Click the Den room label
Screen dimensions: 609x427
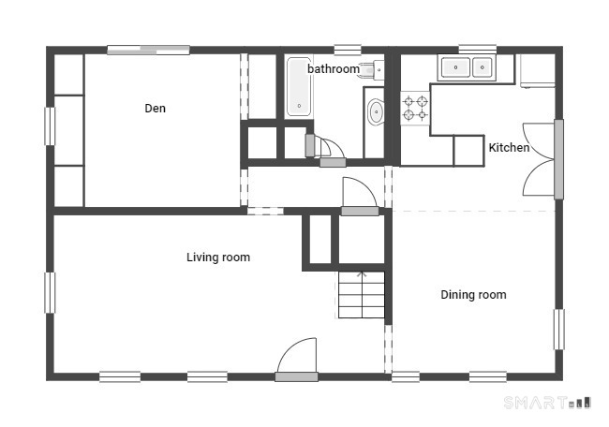point(155,109)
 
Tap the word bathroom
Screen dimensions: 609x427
point(334,69)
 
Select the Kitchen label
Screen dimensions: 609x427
point(509,148)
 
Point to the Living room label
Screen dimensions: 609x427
point(218,257)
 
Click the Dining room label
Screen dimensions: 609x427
point(473,295)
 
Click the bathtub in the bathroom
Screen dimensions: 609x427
point(299,87)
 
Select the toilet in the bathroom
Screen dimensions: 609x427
point(370,70)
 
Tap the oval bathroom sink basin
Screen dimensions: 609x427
point(376,112)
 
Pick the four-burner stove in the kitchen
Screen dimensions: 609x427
point(415,109)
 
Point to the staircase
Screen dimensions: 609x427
point(362,295)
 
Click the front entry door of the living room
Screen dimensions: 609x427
point(297,360)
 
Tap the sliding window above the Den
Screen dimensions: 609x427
point(148,50)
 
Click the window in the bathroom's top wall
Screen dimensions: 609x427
point(348,50)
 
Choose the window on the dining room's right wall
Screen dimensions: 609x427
point(559,330)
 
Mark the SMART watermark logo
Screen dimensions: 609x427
point(547,403)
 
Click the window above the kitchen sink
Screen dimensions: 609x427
point(478,50)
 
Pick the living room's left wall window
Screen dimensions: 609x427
point(50,293)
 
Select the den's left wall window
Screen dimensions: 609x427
point(50,126)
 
